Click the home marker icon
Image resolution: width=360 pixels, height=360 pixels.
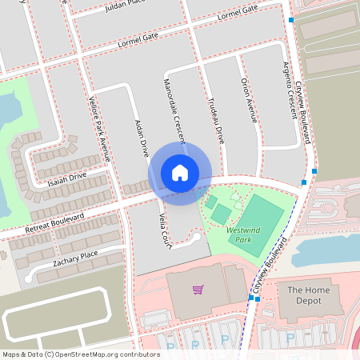[180, 172]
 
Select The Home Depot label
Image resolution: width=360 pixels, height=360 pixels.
[304, 295]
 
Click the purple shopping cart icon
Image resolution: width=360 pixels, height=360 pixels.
[198, 289]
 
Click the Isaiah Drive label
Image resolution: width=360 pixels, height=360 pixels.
[67, 177]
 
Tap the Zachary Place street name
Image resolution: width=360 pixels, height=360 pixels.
[75, 254]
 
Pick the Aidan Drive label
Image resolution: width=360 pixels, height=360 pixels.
[142, 138]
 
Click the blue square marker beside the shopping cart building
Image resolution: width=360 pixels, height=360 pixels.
[251, 298]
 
